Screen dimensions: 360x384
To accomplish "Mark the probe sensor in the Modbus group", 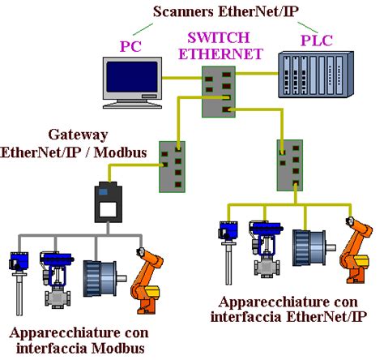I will (x=15, y=280).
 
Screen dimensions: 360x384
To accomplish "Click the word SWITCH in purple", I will (x=218, y=38).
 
